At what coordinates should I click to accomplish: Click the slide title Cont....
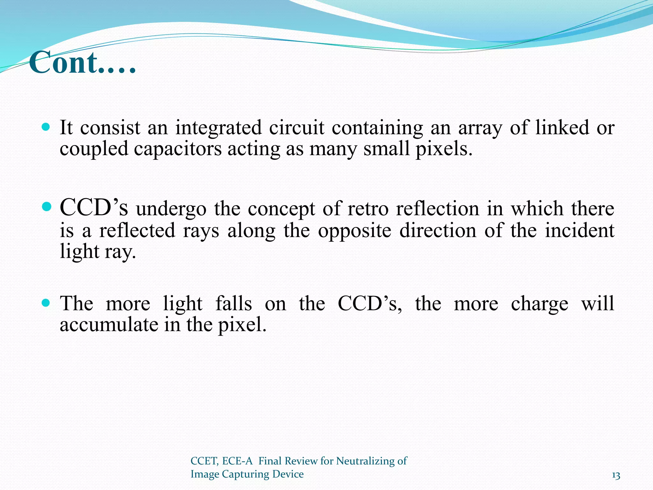pyautogui.click(x=82, y=63)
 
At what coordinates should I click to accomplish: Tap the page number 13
pyautogui.click(x=616, y=476)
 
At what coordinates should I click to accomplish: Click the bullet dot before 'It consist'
pyautogui.click(x=46, y=127)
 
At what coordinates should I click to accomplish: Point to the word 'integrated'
pyautogui.click(x=218, y=128)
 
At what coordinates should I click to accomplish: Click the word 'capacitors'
pyautogui.click(x=177, y=149)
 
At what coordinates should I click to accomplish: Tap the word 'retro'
pyautogui.click(x=368, y=209)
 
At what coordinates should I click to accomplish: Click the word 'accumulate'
pyautogui.click(x=109, y=325)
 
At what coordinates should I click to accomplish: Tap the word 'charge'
pyautogui.click(x=539, y=304)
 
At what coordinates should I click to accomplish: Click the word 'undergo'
pyautogui.click(x=171, y=210)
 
